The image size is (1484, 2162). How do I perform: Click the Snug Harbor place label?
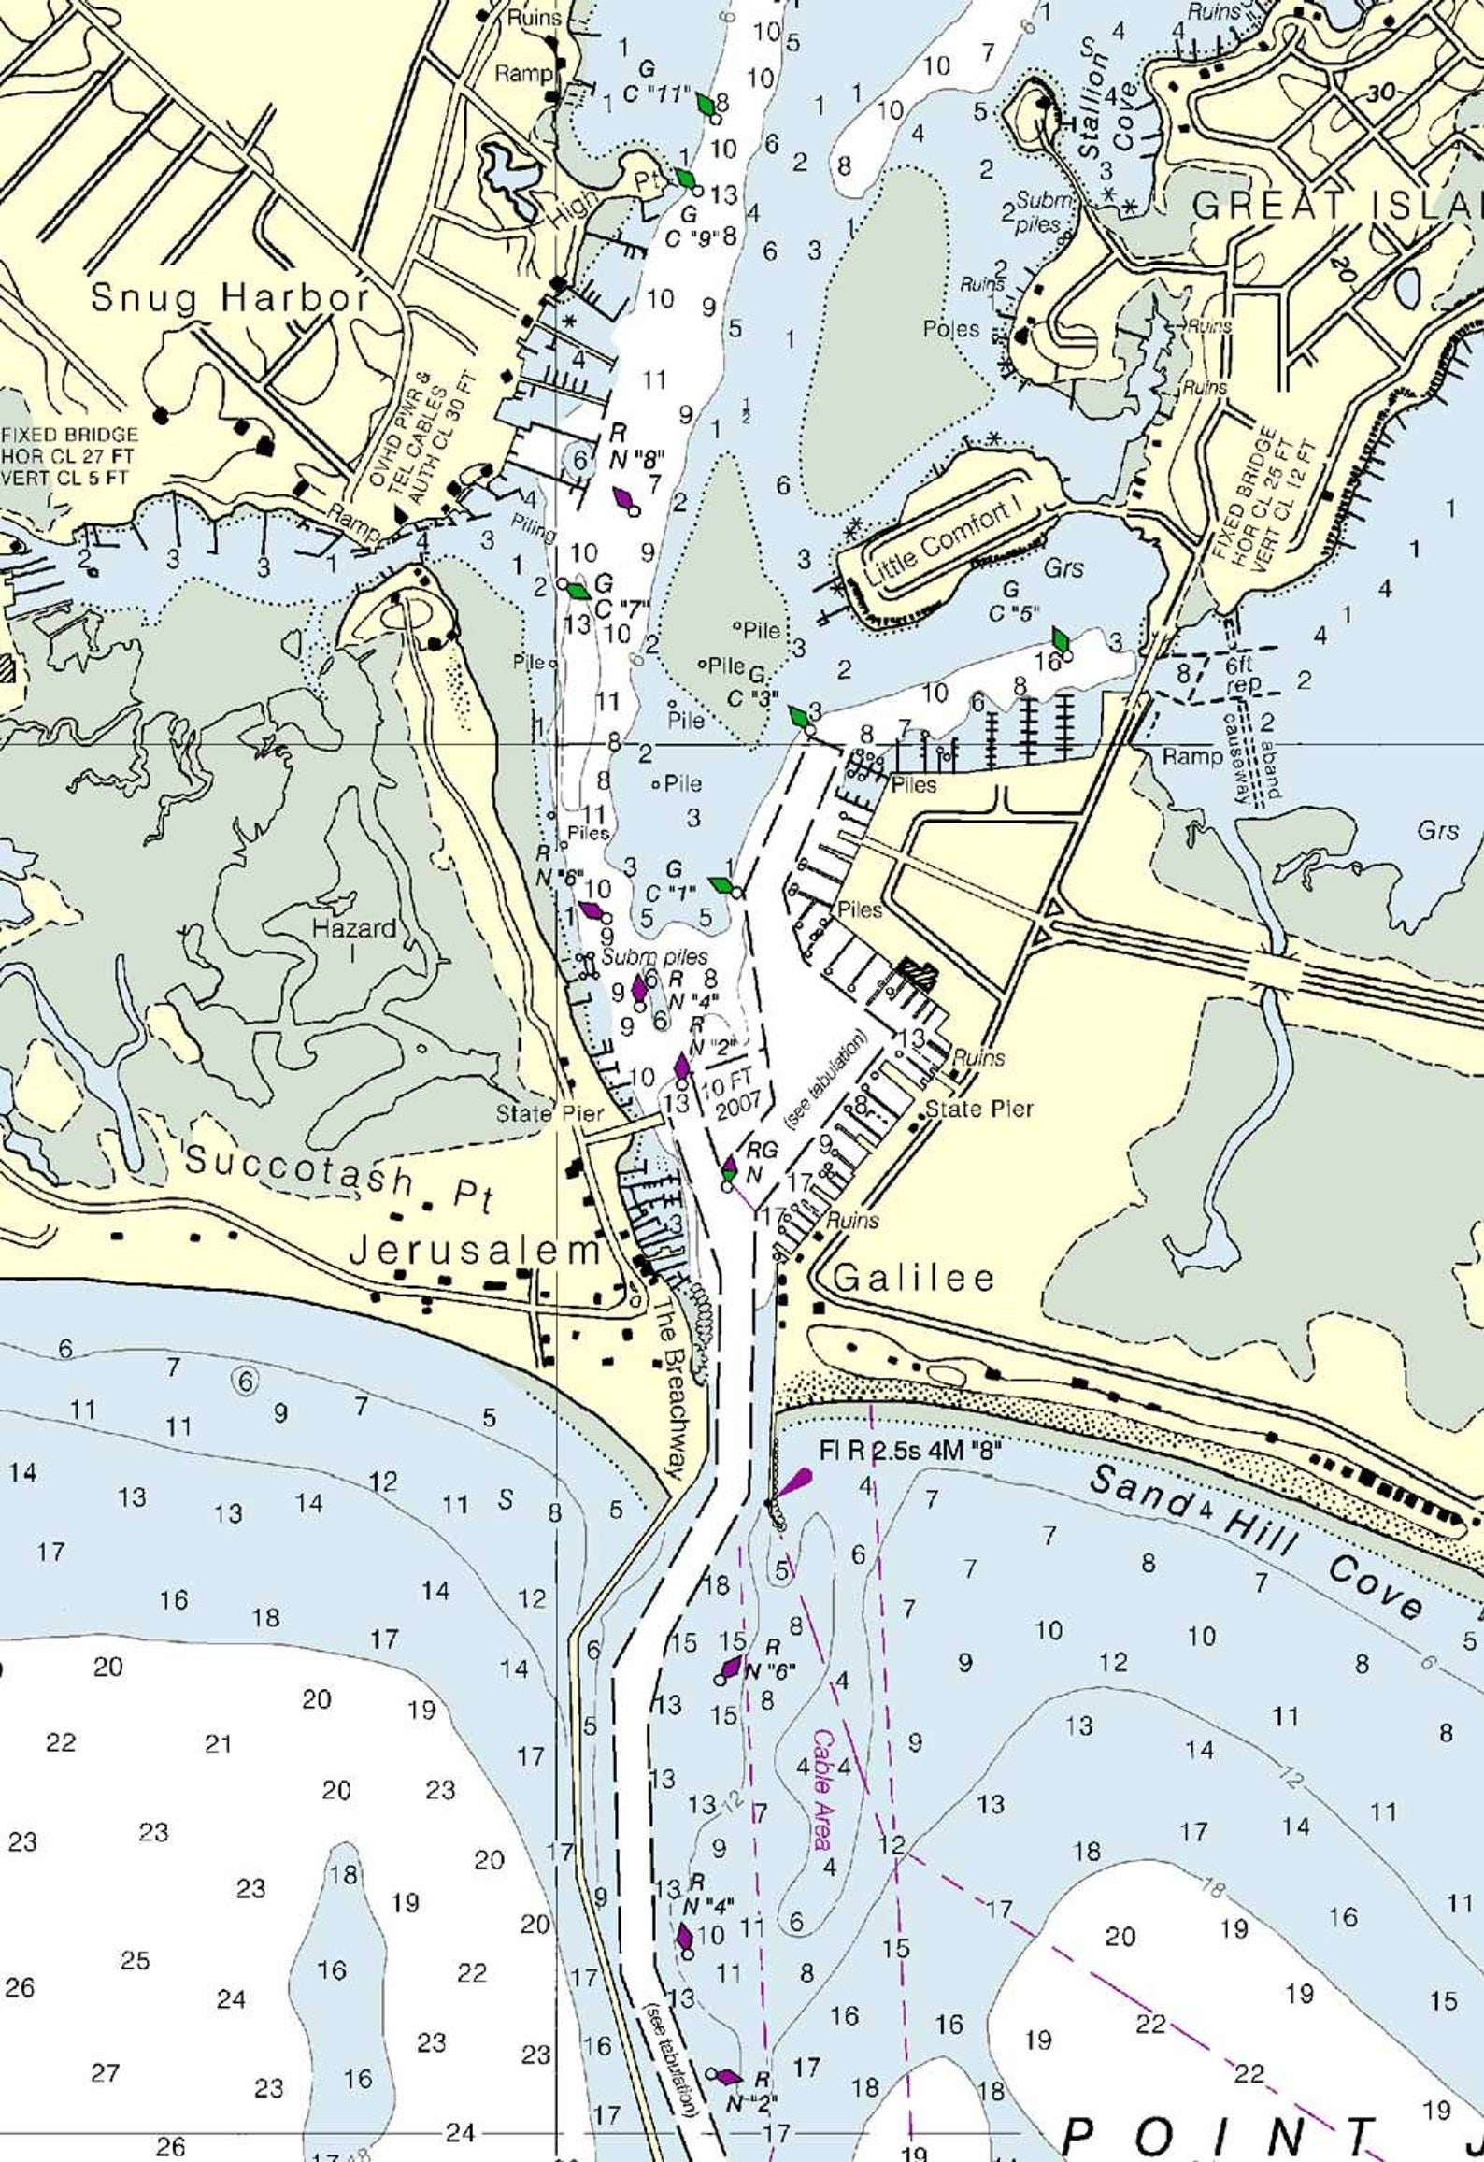[230, 298]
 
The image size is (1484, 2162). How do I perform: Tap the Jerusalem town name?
[474, 1251]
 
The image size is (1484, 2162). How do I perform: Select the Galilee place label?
[913, 1278]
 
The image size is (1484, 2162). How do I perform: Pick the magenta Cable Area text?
[822, 1776]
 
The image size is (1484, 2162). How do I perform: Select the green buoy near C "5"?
[1061, 640]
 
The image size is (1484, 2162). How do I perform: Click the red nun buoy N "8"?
[623, 498]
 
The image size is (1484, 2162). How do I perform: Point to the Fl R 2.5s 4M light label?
[910, 1451]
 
